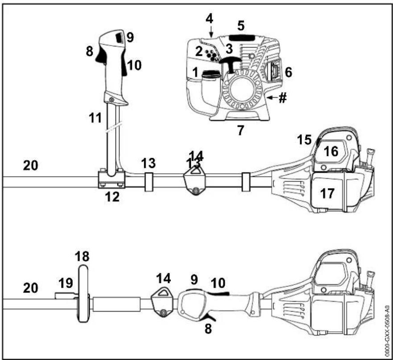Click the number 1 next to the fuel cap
(x=195, y=72)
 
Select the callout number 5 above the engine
(x=241, y=25)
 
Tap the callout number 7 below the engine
(x=240, y=130)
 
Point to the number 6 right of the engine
(x=289, y=72)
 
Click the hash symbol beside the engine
(x=282, y=97)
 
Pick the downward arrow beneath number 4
(x=211, y=32)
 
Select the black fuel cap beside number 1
(x=211, y=74)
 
